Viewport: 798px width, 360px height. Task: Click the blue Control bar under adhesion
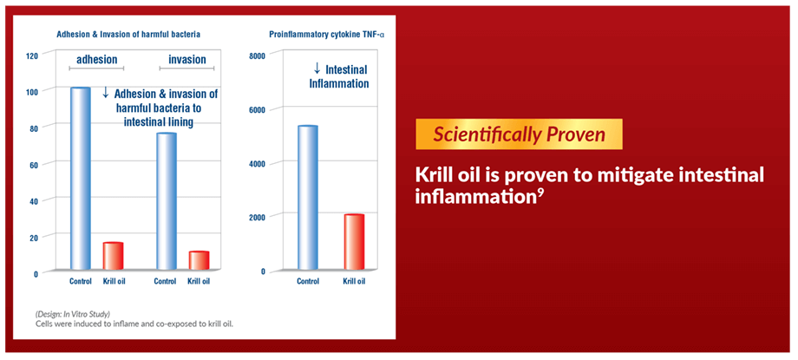[81, 178]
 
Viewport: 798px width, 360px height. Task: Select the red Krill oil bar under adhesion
[113, 256]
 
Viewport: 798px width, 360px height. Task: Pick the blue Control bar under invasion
[167, 201]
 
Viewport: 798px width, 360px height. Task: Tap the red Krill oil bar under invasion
[199, 260]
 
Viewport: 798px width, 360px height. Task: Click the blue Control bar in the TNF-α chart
[307, 198]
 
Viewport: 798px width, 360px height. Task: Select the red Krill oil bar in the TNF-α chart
[354, 242]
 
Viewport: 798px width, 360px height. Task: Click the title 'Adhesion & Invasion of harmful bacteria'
[128, 35]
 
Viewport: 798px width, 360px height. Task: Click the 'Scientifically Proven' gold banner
[519, 134]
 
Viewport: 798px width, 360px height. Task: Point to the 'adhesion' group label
[96, 60]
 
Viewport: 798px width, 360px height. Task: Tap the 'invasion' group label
[187, 60]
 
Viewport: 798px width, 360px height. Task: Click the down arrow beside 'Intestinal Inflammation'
[317, 69]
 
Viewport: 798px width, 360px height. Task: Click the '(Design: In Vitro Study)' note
[73, 313]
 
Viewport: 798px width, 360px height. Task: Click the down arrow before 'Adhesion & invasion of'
[105, 92]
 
